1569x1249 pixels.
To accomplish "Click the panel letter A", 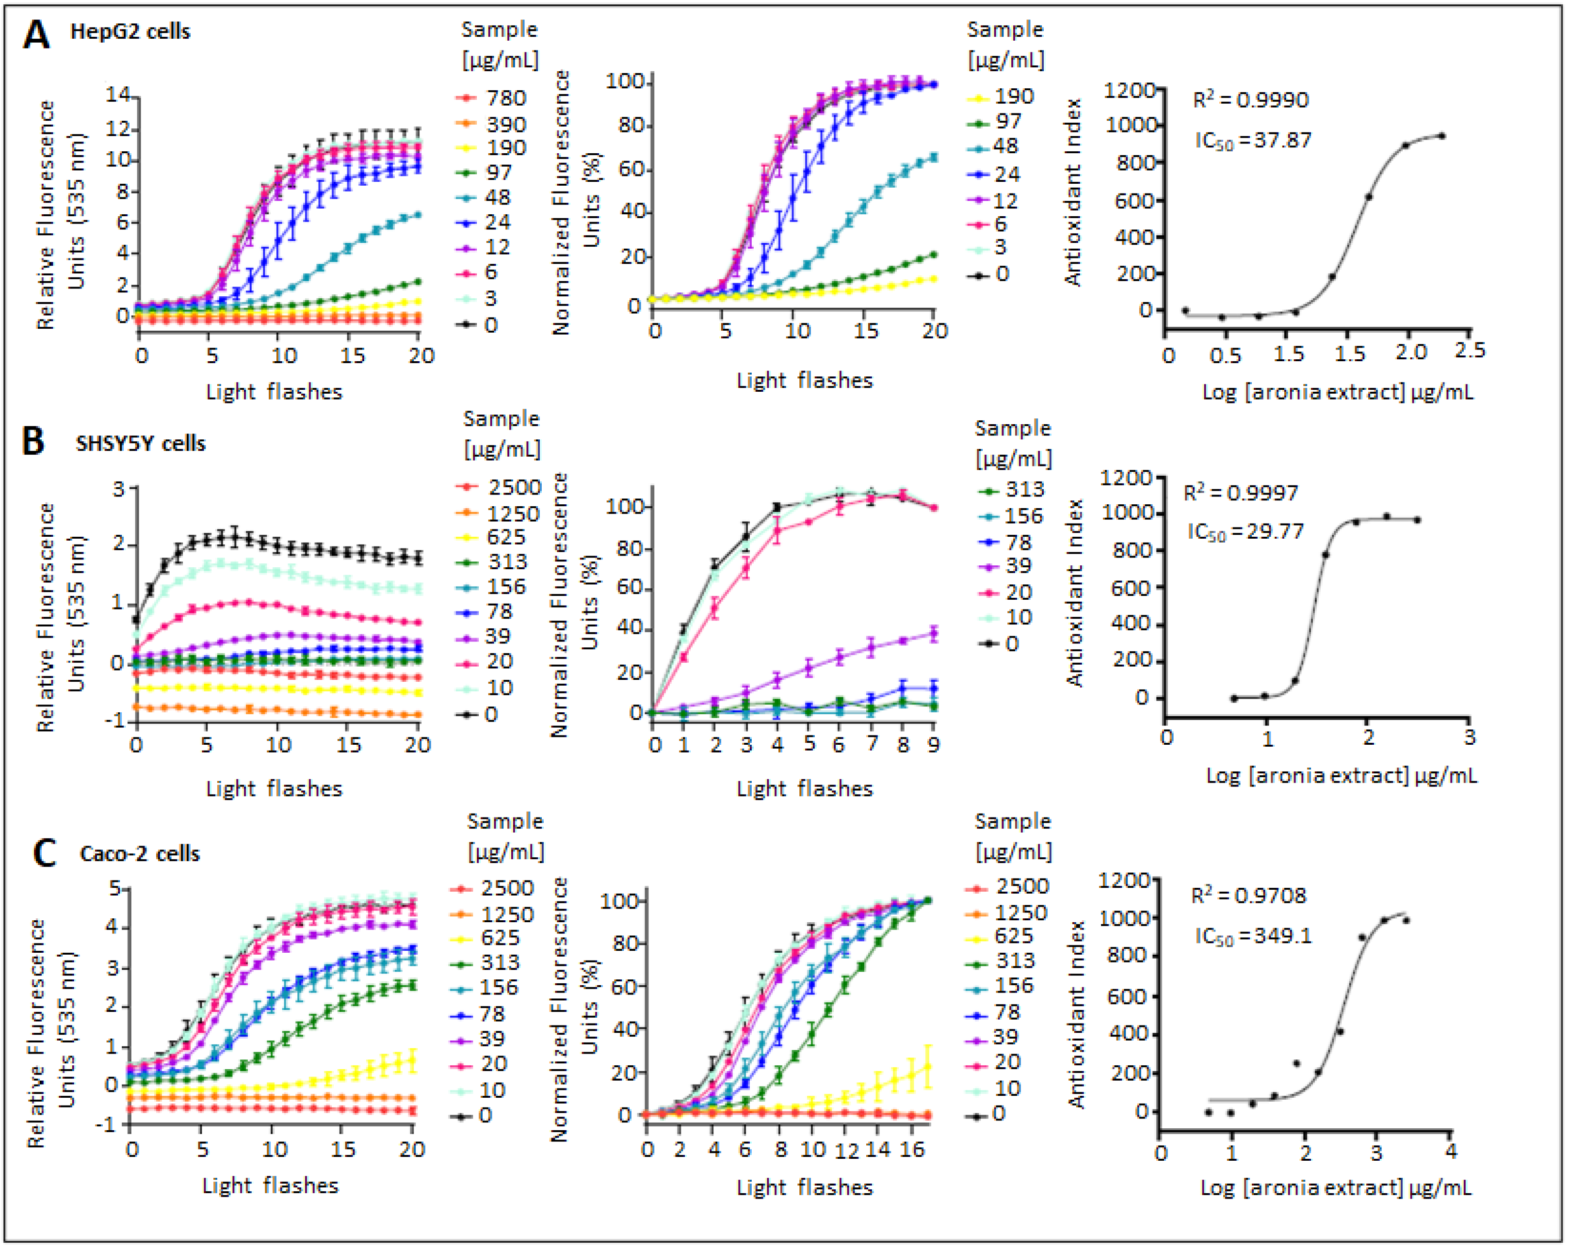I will (x=36, y=34).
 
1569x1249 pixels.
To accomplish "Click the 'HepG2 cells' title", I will (x=130, y=32).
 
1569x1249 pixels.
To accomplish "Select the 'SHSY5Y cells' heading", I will (x=141, y=444).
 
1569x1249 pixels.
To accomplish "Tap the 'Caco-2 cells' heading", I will (x=140, y=854).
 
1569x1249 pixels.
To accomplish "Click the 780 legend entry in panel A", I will (x=505, y=98).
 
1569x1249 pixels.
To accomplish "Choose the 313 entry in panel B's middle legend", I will (x=1024, y=490).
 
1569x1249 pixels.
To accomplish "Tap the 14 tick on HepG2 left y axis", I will (x=117, y=95).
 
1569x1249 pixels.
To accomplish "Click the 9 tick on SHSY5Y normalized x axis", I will (x=934, y=744).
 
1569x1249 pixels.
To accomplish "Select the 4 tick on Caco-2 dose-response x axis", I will (x=1450, y=1152).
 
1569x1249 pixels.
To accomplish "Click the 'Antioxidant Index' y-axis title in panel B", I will (x=1075, y=593).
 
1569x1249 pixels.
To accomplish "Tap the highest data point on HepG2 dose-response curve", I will (x=1441, y=136).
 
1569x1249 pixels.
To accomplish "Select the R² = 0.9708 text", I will (x=1248, y=896).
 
